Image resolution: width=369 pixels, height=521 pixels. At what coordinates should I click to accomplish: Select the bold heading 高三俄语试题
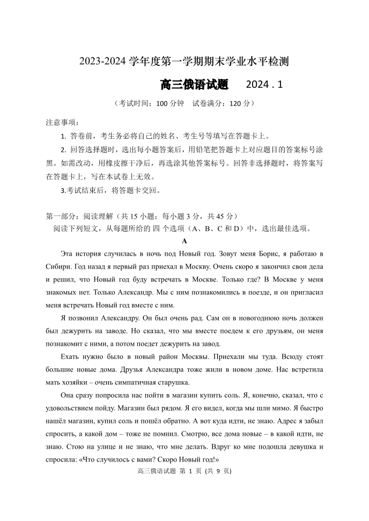194,85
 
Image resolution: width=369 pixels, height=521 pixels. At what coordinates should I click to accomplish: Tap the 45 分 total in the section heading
220,217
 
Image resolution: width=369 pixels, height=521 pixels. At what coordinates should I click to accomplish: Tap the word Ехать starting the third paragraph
71,356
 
